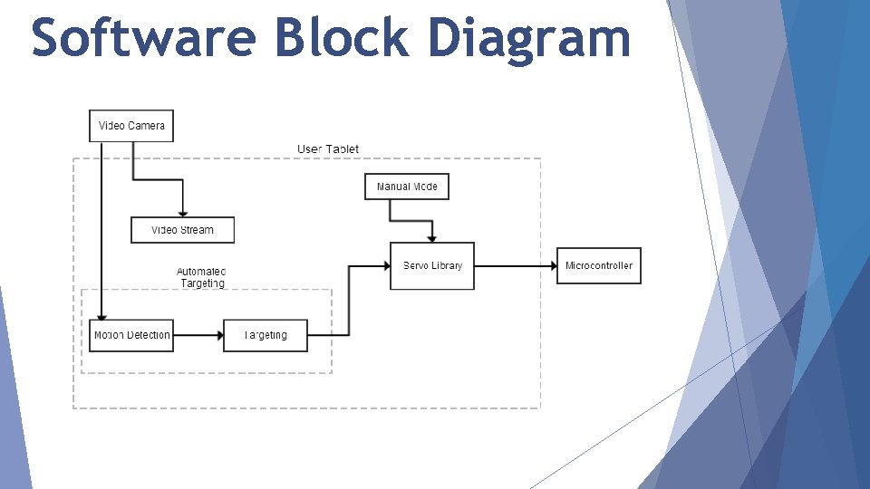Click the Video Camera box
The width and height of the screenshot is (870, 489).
131,126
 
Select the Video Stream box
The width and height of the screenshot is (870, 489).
182,230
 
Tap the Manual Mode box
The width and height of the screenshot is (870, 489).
407,187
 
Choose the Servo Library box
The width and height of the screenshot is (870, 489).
432,265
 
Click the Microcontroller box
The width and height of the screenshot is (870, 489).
598,265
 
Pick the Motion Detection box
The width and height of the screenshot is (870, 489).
131,335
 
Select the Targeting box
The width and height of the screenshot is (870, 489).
266,335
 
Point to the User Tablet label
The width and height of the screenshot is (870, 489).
328,149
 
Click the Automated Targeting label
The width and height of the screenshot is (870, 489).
201,277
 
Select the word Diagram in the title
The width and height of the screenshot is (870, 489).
528,38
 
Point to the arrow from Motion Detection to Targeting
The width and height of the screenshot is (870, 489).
198,335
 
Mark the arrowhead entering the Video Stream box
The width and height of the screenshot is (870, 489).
182,214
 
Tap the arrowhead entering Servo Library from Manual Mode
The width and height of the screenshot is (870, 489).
432,239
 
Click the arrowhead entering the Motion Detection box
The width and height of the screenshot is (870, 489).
101,316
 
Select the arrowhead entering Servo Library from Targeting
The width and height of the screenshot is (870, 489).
386,265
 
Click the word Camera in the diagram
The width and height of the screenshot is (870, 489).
147,126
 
